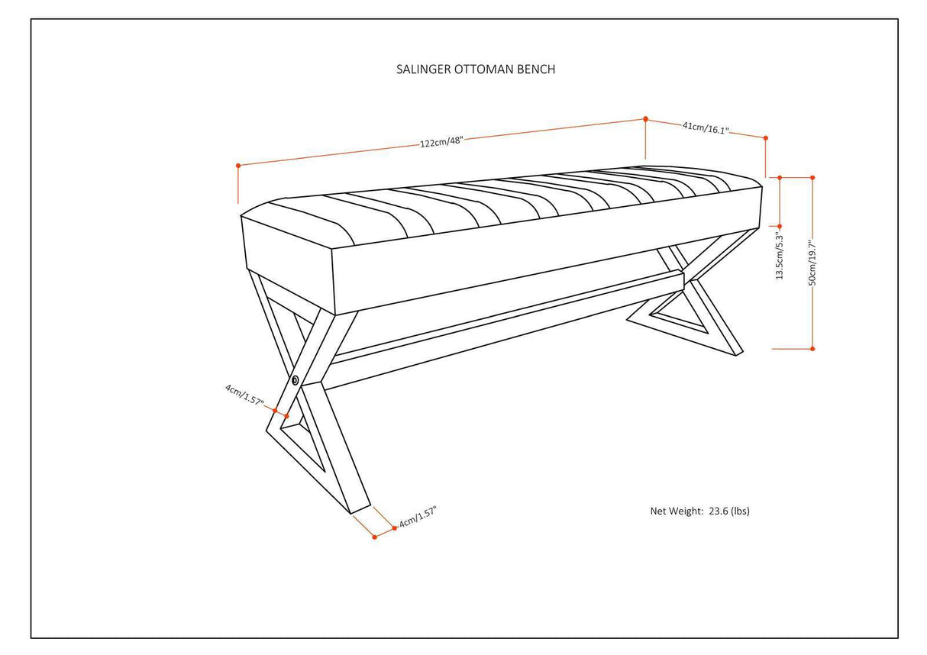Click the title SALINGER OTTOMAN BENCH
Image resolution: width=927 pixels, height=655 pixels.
click(x=475, y=69)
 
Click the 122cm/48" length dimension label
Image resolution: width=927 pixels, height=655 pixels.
click(x=441, y=142)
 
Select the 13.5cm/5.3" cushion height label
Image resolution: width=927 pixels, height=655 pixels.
click(x=780, y=256)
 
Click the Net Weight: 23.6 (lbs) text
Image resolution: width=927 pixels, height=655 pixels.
click(x=699, y=511)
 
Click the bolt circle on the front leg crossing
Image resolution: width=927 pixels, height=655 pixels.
click(x=295, y=379)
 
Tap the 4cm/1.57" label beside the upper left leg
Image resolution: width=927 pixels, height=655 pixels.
click(x=244, y=395)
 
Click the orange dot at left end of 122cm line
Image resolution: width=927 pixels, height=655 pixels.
click(x=238, y=165)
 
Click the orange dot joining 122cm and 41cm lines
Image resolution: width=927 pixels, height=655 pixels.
click(x=646, y=119)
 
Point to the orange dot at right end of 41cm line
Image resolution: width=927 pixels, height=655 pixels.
click(x=765, y=138)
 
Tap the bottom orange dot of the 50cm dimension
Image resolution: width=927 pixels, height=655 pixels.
click(x=812, y=349)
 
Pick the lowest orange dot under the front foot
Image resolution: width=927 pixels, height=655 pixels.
click(x=374, y=537)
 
